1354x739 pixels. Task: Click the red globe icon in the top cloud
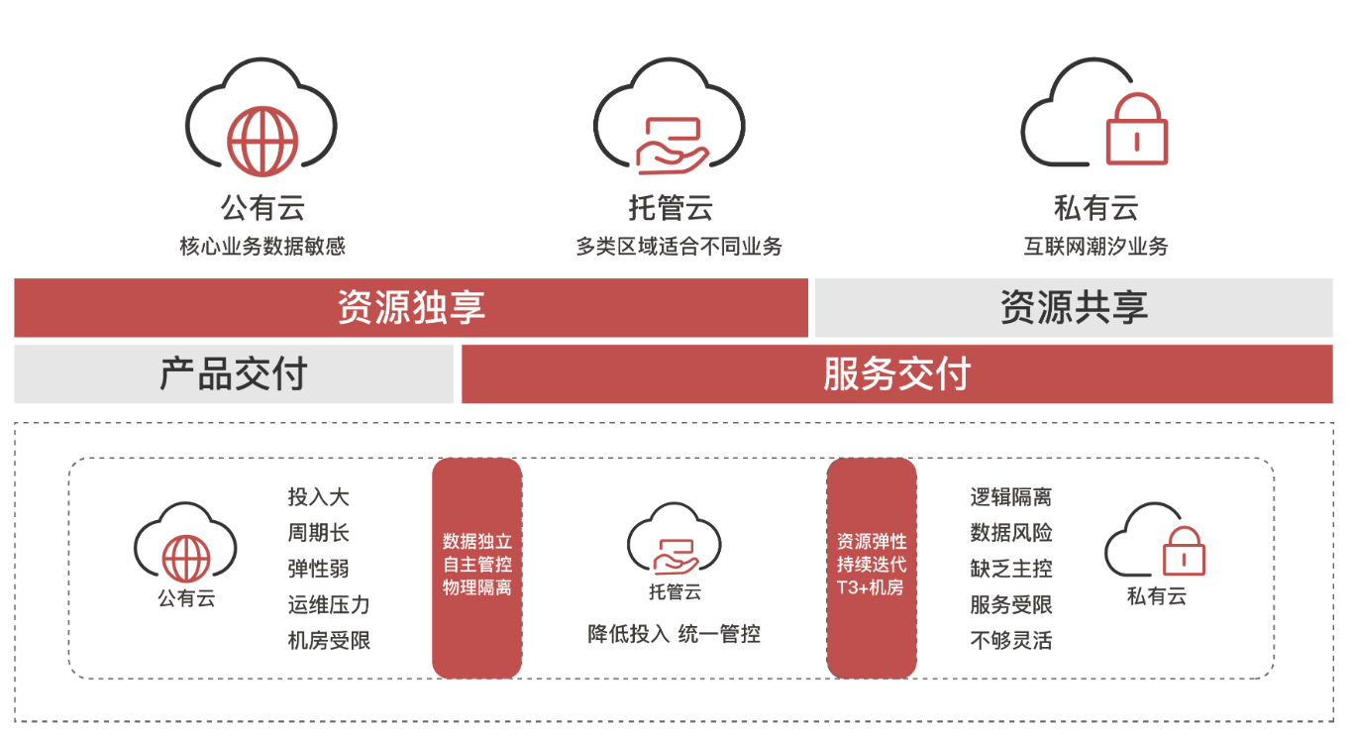click(261, 142)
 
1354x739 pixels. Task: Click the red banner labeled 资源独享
click(411, 308)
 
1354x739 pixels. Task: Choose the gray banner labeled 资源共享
click(1073, 308)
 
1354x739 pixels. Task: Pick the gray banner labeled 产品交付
click(234, 374)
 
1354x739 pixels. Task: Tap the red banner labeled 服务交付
click(896, 374)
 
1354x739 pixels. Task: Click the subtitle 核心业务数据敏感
click(262, 247)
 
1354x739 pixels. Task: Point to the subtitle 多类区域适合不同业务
click(678, 247)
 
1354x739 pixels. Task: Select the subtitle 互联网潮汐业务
click(1095, 247)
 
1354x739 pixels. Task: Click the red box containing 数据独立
click(477, 568)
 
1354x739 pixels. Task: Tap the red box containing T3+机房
click(872, 568)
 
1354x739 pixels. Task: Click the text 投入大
click(319, 497)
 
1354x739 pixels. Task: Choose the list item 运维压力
click(329, 604)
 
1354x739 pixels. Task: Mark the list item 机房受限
click(329, 640)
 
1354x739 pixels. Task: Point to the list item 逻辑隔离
click(1011, 497)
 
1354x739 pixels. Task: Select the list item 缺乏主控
click(1011, 569)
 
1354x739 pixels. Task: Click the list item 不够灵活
click(1011, 640)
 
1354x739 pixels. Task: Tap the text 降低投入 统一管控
click(675, 634)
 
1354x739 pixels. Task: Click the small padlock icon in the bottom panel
click(1183, 551)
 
